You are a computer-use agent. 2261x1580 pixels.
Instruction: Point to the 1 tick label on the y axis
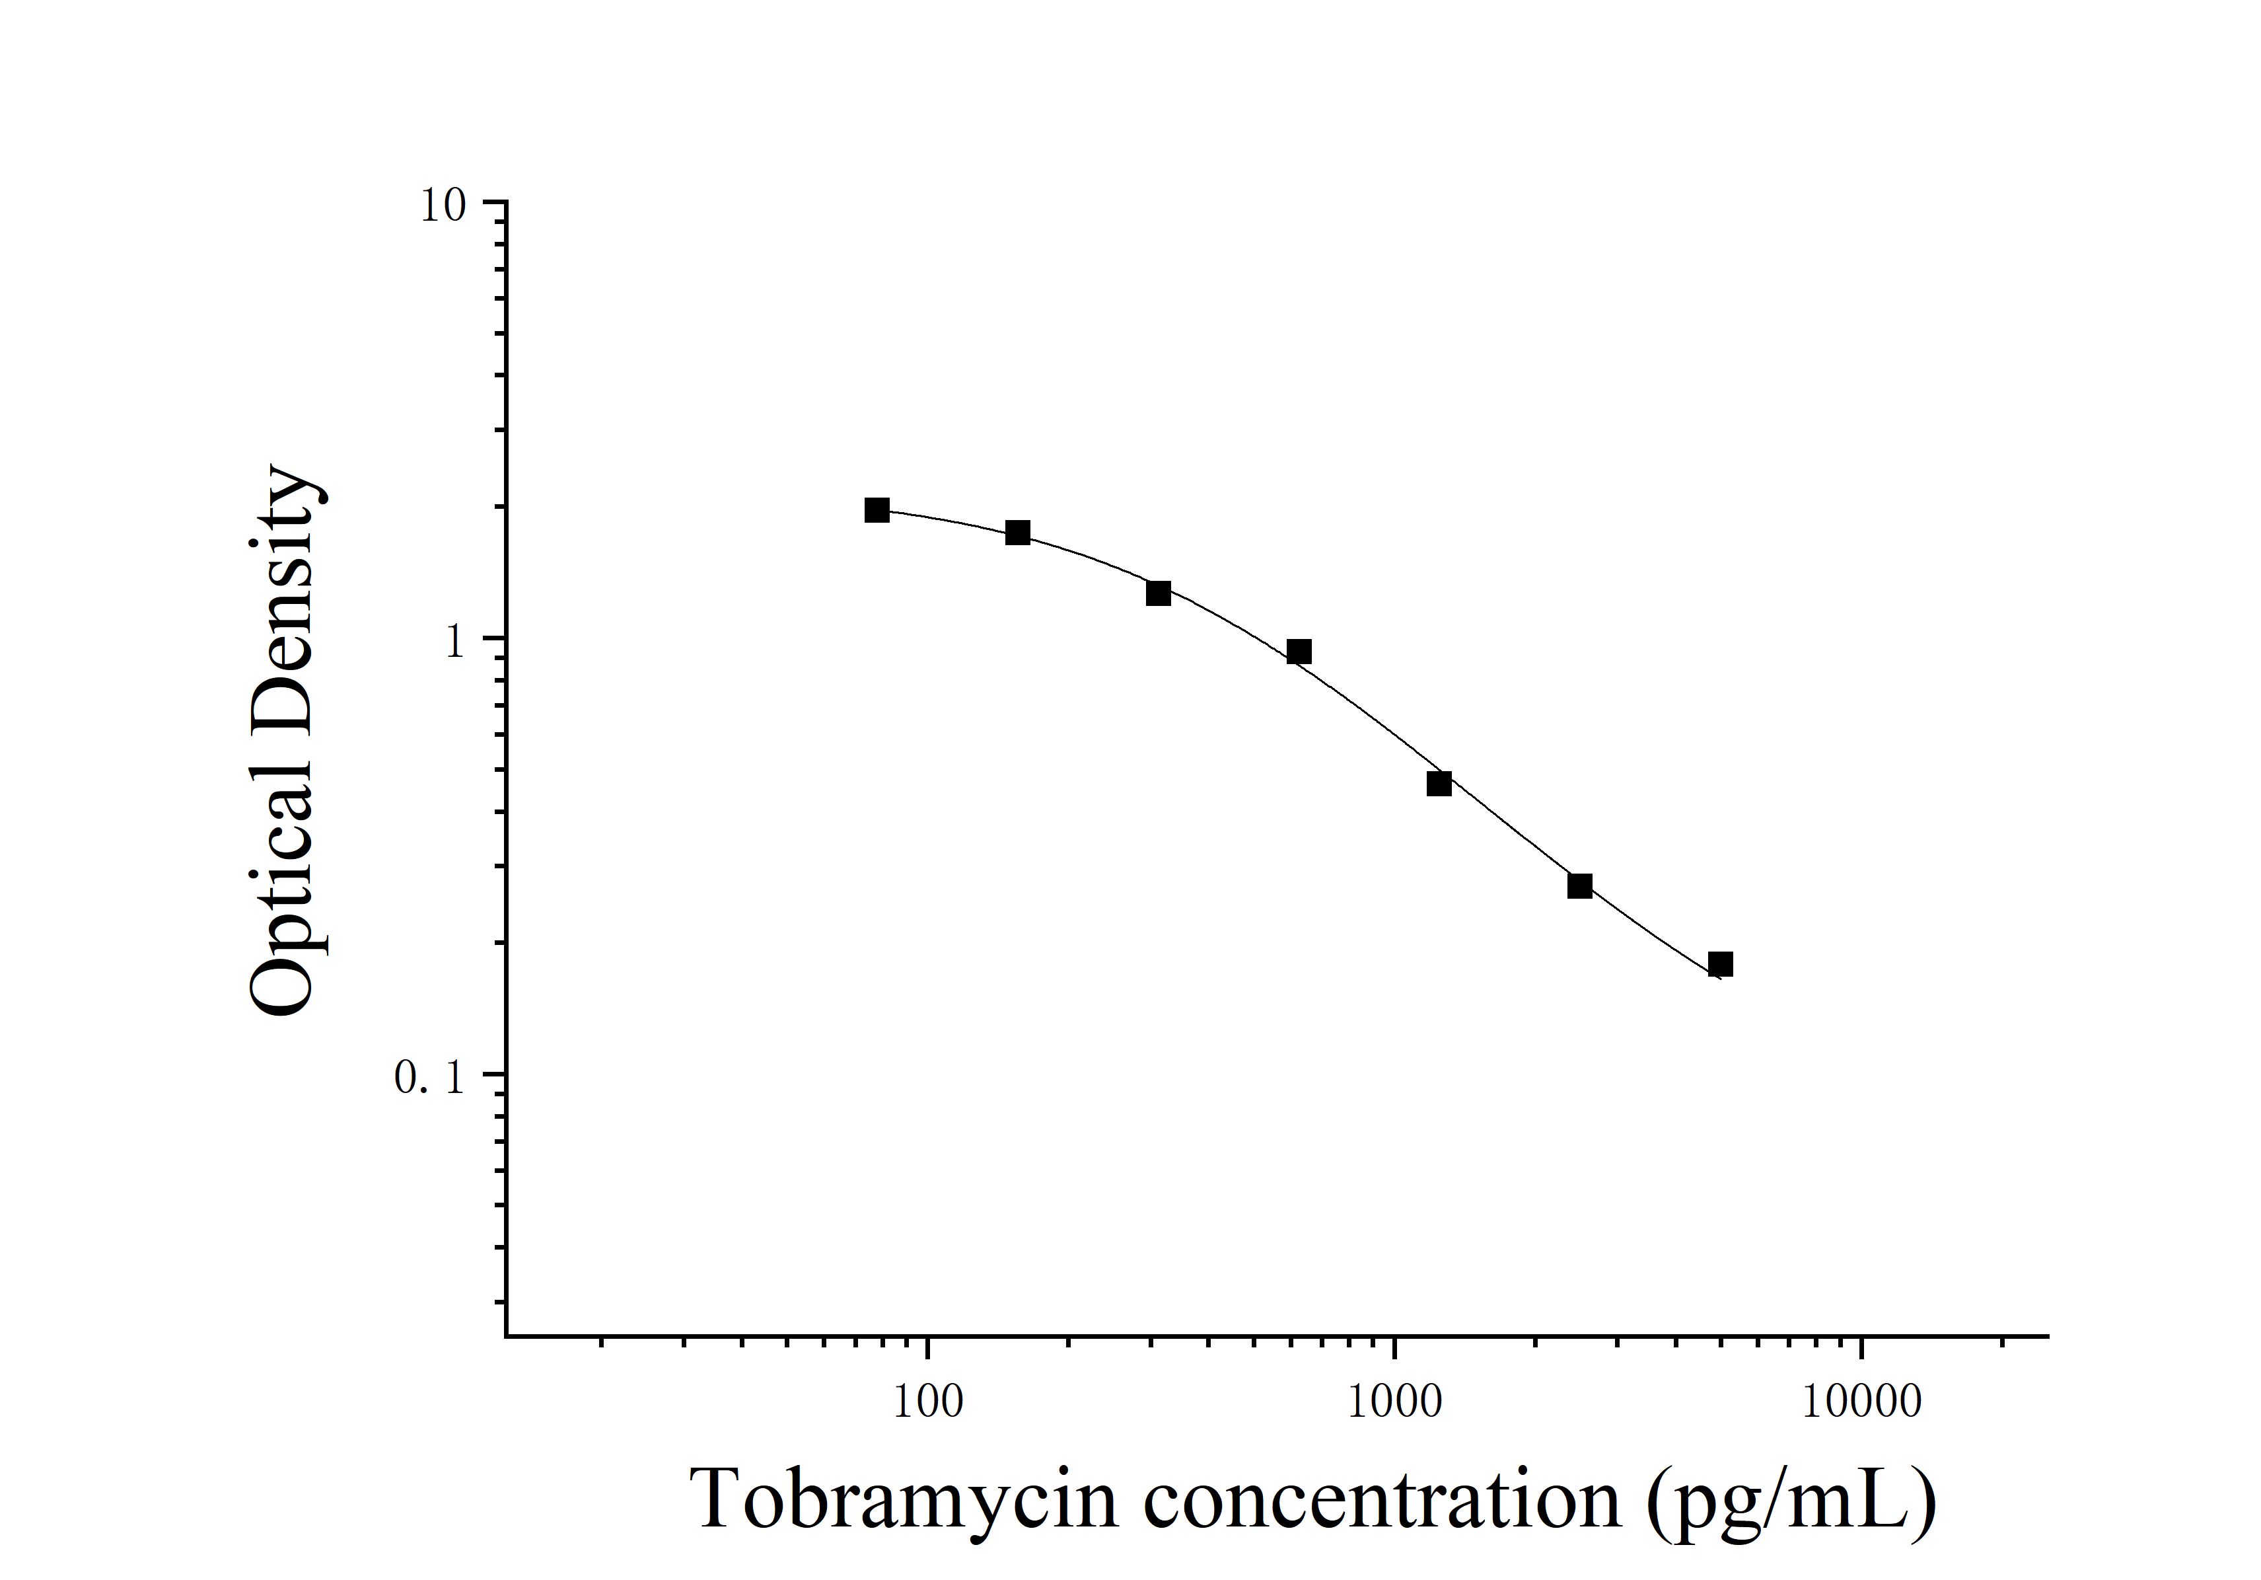click(x=454, y=642)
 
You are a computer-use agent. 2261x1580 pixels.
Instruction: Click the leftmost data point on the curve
click(x=877, y=510)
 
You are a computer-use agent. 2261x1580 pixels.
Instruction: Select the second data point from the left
click(x=1017, y=533)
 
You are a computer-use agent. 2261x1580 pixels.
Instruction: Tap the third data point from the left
click(x=1158, y=593)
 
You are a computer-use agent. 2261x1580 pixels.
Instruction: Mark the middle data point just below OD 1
click(x=1299, y=651)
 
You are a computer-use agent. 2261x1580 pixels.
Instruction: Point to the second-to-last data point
click(x=1579, y=885)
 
